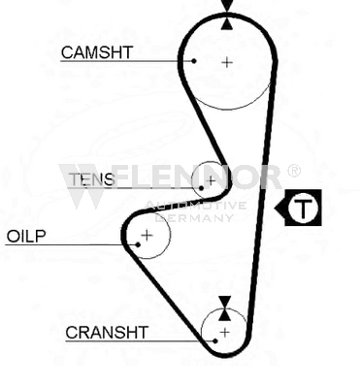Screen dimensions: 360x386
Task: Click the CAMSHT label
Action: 97,52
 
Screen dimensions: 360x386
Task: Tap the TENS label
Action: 92,179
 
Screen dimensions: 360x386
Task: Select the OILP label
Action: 26,237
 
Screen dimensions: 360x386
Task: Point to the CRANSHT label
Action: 107,332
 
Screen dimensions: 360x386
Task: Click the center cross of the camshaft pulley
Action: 227,62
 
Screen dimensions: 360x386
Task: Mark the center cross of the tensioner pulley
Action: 211,180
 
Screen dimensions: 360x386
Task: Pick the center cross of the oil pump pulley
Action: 147,235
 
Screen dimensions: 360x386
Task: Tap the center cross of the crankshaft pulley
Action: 224,332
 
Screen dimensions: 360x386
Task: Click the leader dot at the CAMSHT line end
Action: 194,61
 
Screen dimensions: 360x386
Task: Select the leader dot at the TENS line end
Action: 202,188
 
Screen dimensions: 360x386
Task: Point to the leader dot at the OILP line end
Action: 138,244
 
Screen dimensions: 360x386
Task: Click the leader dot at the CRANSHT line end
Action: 215,340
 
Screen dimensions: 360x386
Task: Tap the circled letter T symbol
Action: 303,208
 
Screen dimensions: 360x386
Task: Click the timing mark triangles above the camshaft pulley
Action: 227,15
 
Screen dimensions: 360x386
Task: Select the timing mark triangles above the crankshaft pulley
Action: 224,308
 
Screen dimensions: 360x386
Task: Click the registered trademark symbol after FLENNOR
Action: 293,171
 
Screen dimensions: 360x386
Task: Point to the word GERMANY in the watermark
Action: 195,217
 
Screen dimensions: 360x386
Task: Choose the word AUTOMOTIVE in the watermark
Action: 195,206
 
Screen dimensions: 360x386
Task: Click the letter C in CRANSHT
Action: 72,333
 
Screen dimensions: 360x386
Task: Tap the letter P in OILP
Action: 41,237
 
